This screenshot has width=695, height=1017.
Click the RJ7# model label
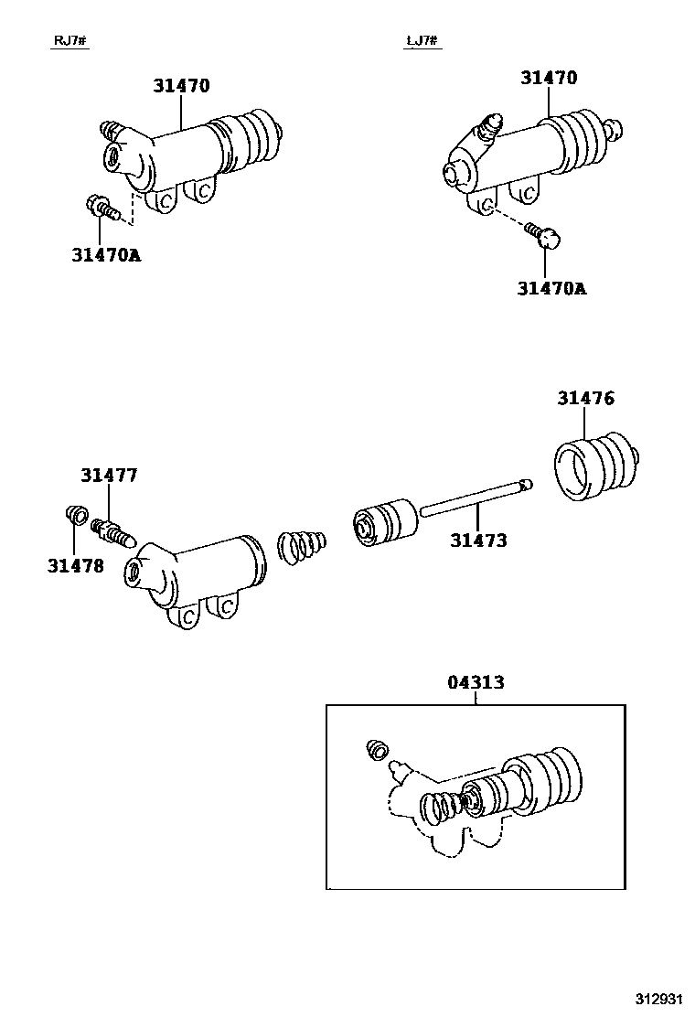(71, 41)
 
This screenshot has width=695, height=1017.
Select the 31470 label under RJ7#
(181, 87)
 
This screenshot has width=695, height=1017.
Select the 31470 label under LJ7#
(549, 79)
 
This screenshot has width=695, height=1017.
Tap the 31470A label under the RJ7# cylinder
(106, 255)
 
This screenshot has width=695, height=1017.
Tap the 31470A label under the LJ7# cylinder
(551, 288)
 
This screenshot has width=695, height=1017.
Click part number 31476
(586, 399)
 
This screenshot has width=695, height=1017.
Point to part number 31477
(109, 476)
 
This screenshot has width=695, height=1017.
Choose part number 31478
(75, 565)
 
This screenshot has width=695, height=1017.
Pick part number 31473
(478, 541)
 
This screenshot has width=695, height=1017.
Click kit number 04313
(476, 682)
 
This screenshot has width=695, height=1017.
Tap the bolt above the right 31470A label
(545, 238)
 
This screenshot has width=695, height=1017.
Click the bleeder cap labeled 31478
(76, 517)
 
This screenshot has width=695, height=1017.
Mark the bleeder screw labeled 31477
(112, 530)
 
